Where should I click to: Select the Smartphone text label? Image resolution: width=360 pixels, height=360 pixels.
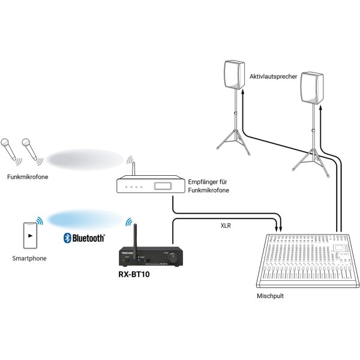coord(29,258)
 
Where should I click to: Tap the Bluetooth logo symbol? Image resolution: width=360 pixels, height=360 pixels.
coord(68,238)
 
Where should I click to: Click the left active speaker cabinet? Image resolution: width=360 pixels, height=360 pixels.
coord(234,74)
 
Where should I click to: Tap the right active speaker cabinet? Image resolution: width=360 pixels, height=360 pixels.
coord(312,87)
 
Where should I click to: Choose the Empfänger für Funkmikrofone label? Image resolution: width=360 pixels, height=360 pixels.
coord(209,186)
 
